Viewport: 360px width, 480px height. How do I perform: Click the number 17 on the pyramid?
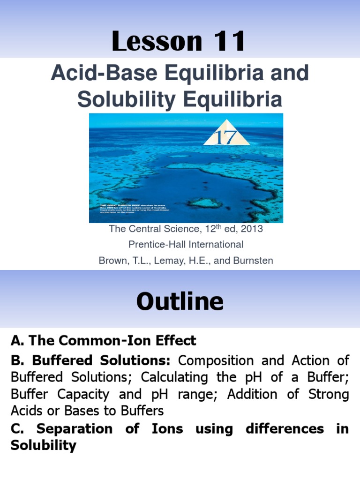[x=226, y=137]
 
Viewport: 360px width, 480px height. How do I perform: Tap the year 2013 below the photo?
[x=250, y=229]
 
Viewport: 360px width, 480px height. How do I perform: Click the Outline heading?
[x=180, y=302]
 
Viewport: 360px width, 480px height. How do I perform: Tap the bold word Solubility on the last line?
[x=43, y=445]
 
